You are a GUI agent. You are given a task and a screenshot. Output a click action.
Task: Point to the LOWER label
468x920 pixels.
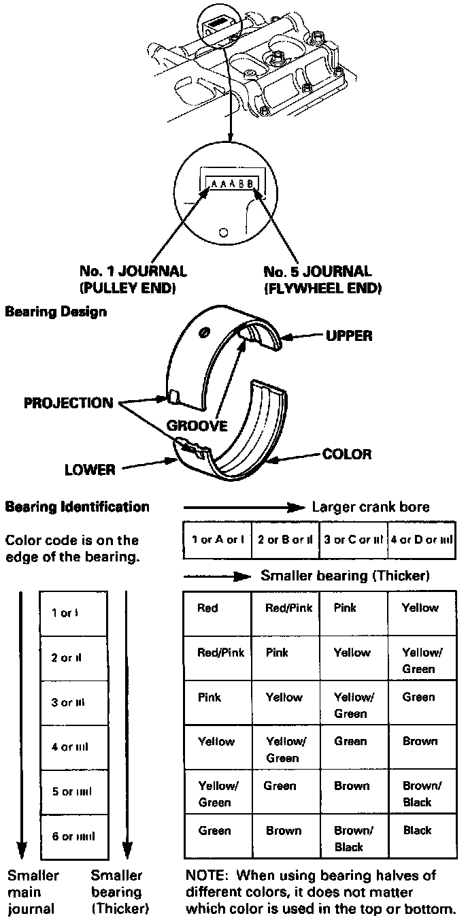pyautogui.click(x=90, y=470)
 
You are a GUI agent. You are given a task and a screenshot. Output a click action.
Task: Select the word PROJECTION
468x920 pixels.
pyautogui.click(x=69, y=403)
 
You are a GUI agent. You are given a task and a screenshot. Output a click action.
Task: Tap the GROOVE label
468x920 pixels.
pyautogui.click(x=197, y=425)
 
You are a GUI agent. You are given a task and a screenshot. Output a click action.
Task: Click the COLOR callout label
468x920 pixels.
pyautogui.click(x=347, y=454)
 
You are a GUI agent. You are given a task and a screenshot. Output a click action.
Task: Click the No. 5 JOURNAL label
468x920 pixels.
pyautogui.click(x=318, y=272)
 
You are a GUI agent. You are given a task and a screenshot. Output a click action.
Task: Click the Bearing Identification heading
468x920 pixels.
pyautogui.click(x=77, y=507)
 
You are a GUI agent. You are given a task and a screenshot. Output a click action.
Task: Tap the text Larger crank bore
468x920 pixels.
pyautogui.click(x=371, y=507)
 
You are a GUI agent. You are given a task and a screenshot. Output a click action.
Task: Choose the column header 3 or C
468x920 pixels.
pyautogui.click(x=352, y=540)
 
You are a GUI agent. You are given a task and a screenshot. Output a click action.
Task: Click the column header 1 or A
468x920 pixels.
pyautogui.click(x=218, y=540)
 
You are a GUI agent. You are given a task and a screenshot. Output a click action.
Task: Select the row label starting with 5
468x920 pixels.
pyautogui.click(x=72, y=791)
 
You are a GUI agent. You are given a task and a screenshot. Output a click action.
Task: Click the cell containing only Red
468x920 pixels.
pyautogui.click(x=207, y=608)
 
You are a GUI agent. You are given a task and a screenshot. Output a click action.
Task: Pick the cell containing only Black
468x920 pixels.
pyautogui.click(x=417, y=830)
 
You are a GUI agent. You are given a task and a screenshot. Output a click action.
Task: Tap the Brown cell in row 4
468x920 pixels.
pyautogui.click(x=420, y=741)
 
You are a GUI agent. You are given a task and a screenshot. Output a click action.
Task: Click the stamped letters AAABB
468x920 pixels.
pyautogui.click(x=232, y=184)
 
